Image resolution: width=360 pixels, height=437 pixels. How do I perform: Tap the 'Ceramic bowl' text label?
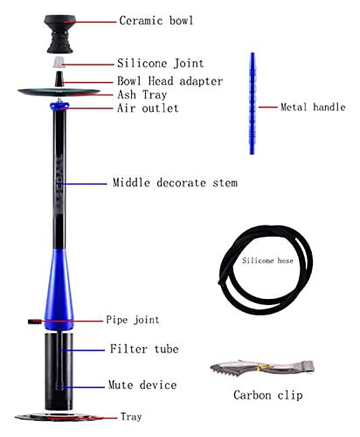pos(156,19)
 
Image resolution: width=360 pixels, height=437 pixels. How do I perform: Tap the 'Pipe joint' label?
pos(133,320)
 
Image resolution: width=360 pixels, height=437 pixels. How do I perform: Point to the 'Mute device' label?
pos(142,385)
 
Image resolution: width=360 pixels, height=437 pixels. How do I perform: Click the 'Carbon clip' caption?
pos(267,395)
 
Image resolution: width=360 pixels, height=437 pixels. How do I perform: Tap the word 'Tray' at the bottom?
pos(131,416)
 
